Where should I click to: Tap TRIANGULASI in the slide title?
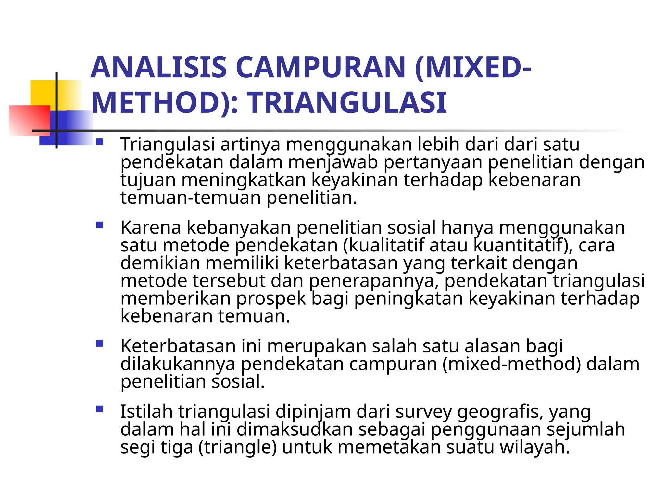tap(348, 103)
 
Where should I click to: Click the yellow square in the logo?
tap(42, 92)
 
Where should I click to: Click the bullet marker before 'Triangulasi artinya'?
tap(99, 142)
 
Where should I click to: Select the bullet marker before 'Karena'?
tap(99, 225)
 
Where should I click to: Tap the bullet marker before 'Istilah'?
tap(99, 409)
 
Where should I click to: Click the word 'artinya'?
tap(250, 145)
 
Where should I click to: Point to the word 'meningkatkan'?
tap(244, 180)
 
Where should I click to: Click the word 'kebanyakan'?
tap(239, 227)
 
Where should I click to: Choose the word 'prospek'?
tap(271, 299)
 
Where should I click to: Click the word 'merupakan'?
tap(316, 346)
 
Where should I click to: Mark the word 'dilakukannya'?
tap(178, 364)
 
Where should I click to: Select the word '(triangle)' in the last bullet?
tap(237, 447)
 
